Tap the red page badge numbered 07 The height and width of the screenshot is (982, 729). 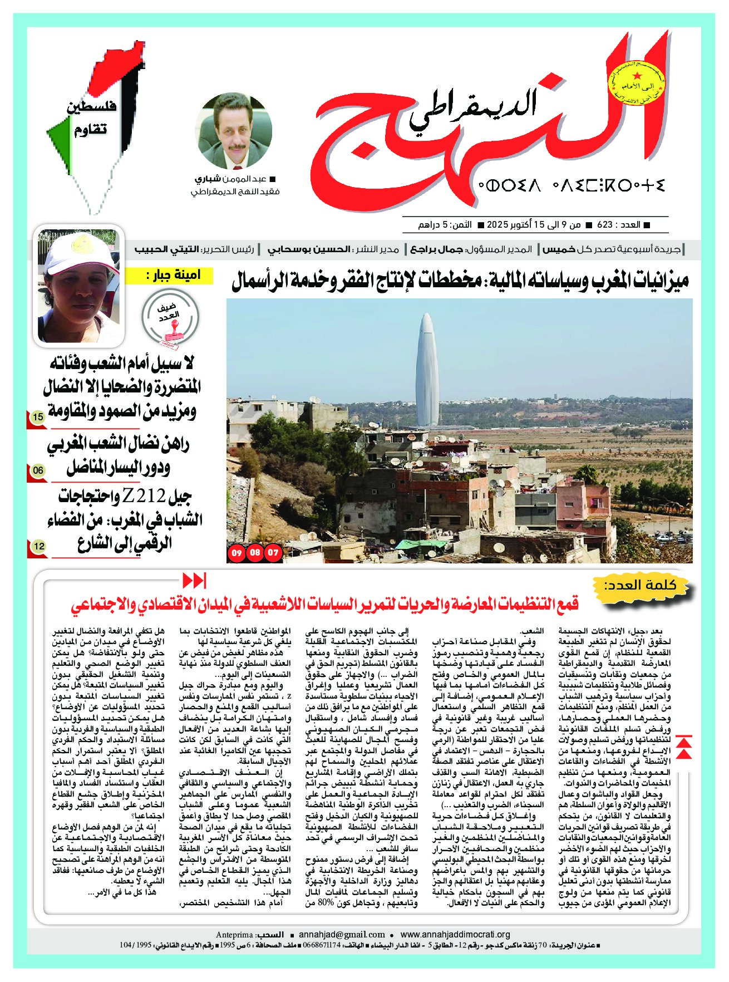click(273, 553)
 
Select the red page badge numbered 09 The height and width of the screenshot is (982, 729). click(237, 553)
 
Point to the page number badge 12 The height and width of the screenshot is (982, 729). click(38, 546)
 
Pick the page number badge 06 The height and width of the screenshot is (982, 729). click(38, 471)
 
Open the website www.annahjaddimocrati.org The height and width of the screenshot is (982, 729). click(455, 935)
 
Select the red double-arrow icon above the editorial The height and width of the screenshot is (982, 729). click(195, 580)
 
